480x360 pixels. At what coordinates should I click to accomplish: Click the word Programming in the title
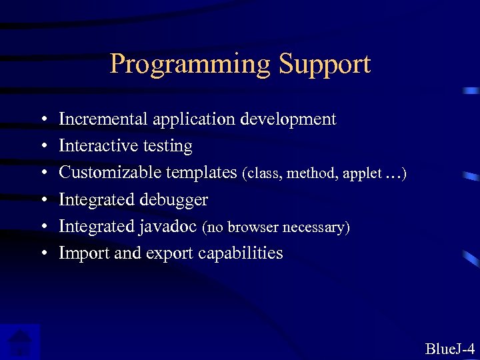click(191, 65)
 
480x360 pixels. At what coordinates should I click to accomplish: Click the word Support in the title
click(325, 65)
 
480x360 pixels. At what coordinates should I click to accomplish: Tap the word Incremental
click(103, 119)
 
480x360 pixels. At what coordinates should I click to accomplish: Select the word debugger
click(174, 200)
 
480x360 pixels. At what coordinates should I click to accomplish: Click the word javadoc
click(167, 227)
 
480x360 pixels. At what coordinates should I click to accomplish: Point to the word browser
click(253, 228)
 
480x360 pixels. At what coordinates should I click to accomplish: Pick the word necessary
click(314, 228)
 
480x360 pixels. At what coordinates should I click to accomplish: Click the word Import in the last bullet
click(78, 253)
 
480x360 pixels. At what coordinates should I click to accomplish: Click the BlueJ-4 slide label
click(449, 348)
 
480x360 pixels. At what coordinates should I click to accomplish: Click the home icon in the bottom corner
click(20, 342)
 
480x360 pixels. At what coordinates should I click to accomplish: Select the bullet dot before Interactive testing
click(43, 147)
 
